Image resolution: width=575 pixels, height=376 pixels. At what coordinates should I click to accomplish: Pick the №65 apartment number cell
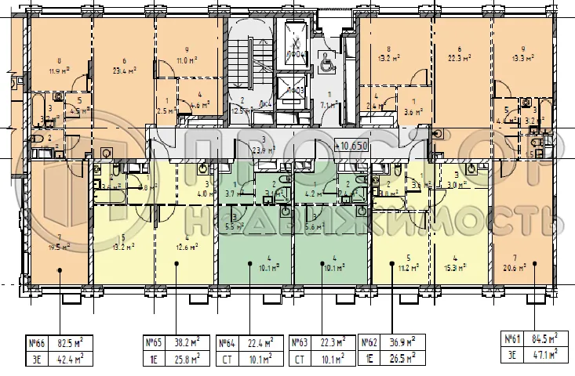[x=153, y=342]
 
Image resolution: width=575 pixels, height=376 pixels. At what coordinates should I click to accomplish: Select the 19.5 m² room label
[x=58, y=245]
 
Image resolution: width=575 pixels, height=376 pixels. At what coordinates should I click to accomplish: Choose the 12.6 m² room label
[x=187, y=250]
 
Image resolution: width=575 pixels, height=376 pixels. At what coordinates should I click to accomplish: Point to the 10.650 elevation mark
[x=351, y=145]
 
